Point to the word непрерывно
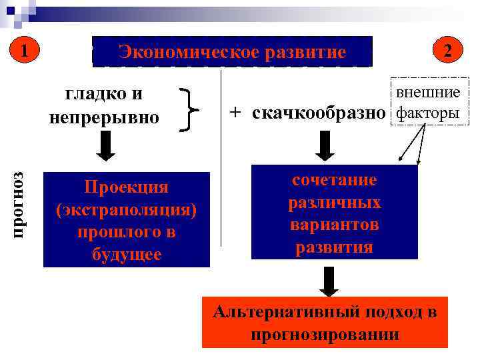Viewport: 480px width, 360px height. pos(105,117)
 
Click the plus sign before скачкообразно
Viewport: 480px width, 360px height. pos(236,111)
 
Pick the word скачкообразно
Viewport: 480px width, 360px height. pos(319,112)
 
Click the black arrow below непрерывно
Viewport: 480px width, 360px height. pos(105,146)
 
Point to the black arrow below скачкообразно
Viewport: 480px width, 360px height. pos(323,145)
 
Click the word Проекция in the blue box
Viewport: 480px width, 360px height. pos(127,187)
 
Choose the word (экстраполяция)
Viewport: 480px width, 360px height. pos(127,210)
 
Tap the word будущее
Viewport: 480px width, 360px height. pos(127,255)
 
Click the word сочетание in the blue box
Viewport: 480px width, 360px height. pos(335,180)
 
